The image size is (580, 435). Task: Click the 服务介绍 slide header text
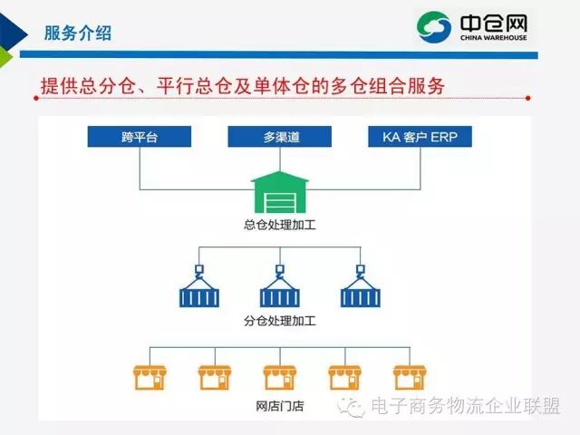(x=78, y=34)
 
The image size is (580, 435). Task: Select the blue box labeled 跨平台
(x=140, y=137)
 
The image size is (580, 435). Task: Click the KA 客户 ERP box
(x=420, y=137)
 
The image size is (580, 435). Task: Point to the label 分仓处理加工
(x=280, y=321)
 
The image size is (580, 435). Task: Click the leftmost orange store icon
(x=149, y=377)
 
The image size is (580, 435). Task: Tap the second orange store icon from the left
(x=214, y=377)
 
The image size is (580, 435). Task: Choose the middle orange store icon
(x=279, y=377)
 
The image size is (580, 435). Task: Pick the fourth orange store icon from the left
(x=344, y=377)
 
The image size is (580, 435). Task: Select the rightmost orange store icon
(x=410, y=377)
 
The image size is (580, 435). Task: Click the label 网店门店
(x=280, y=407)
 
